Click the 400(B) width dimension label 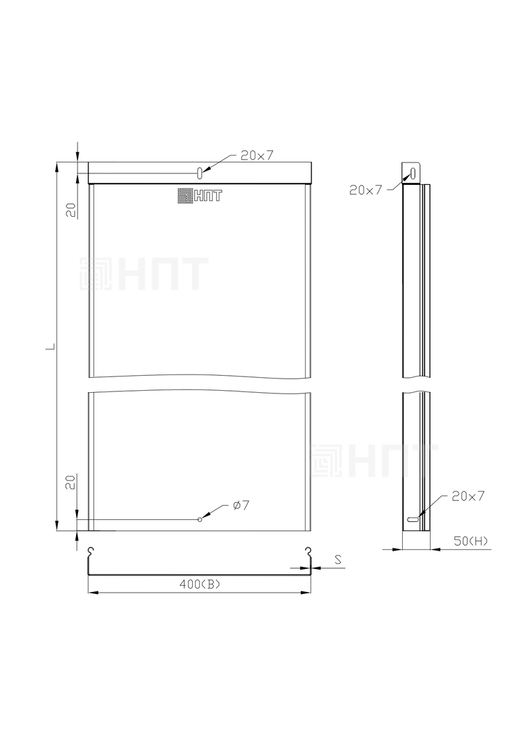[x=199, y=584]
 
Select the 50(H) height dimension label [x=470, y=541]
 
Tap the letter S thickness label [x=338, y=559]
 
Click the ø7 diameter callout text [x=241, y=505]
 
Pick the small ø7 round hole [x=200, y=520]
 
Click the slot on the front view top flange [x=199, y=172]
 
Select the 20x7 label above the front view [x=257, y=156]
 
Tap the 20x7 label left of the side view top [x=365, y=190]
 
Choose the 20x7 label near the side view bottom [x=468, y=495]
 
